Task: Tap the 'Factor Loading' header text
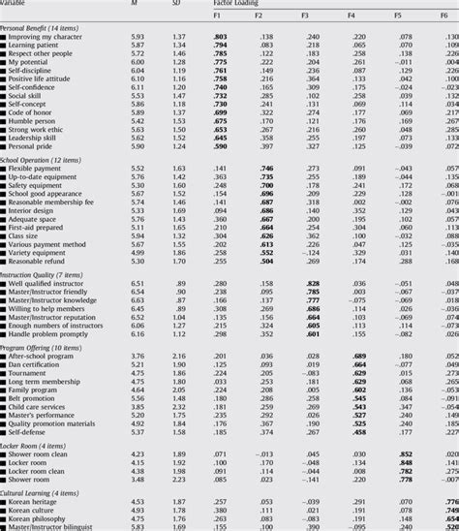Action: point(237,4)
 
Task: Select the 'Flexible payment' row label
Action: point(40,169)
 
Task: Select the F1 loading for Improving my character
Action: point(220,36)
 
